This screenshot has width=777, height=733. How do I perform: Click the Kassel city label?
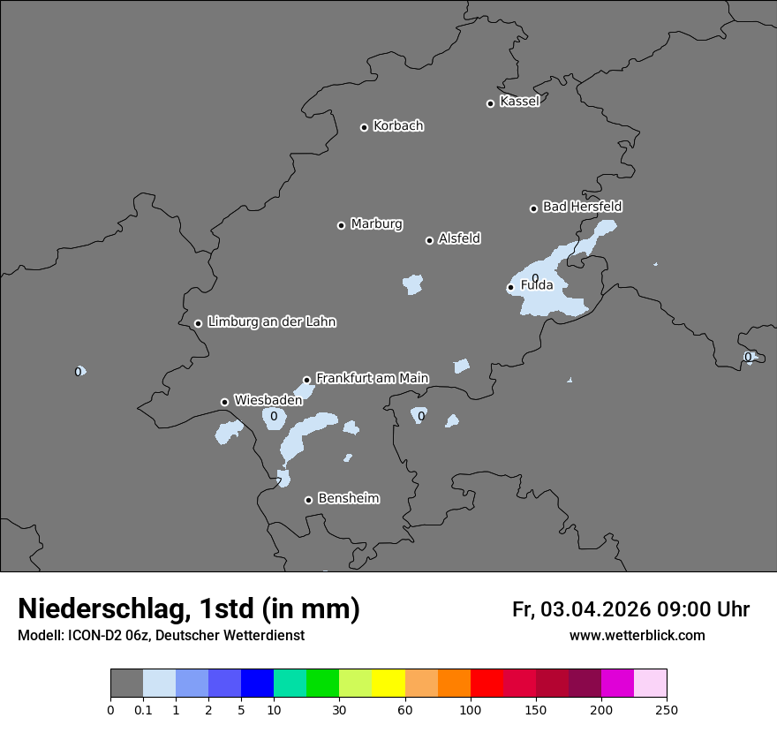coord(519,102)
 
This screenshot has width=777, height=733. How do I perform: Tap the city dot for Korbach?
coord(364,127)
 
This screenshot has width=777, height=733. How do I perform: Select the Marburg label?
coord(376,223)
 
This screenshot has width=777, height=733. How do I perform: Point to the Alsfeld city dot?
coord(429,240)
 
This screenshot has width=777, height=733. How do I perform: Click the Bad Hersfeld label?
coord(582,207)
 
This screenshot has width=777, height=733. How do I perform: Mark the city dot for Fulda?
coord(510,287)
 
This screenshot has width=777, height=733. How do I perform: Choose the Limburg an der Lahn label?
coord(271,321)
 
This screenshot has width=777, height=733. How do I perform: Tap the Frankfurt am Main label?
coord(372,378)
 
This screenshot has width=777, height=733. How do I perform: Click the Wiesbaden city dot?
coord(224,402)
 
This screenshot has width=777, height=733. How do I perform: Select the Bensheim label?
coord(348,498)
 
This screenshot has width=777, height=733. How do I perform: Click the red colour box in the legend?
coord(487,684)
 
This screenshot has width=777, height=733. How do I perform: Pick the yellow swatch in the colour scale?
coord(388,684)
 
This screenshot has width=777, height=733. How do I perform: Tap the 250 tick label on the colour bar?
coord(667,710)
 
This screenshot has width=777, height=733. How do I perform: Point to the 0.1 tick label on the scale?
coord(143,710)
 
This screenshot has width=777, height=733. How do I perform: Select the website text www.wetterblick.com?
coord(637,635)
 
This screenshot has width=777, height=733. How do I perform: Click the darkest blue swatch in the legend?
coord(257,684)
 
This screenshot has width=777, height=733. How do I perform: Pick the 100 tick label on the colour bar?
coord(471,710)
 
